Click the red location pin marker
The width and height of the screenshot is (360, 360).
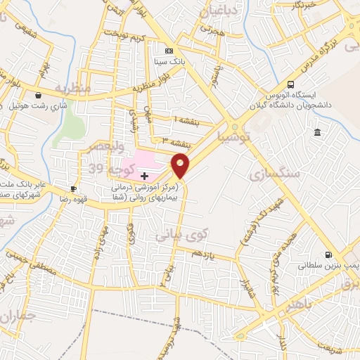point(181,165)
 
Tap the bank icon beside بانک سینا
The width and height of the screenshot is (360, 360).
point(168,51)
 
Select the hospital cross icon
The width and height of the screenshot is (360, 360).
point(144,176)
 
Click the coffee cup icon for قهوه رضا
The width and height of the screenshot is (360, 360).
point(73,188)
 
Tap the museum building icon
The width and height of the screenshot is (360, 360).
point(318,133)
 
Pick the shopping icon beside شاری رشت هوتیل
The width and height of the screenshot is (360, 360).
point(37,95)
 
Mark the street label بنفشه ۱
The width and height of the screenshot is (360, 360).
point(186,122)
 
